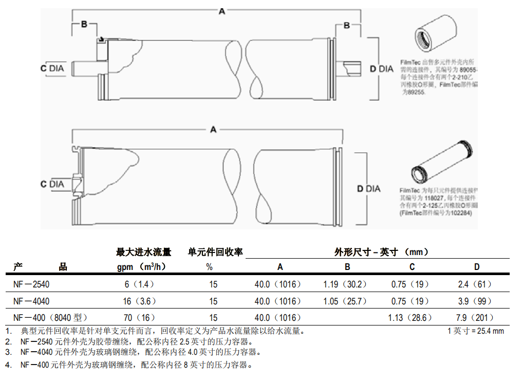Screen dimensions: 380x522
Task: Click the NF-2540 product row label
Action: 31,284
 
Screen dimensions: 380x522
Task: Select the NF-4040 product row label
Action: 31,301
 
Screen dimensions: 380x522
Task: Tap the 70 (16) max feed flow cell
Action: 139,318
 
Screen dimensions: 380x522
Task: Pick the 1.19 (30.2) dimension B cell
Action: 345,284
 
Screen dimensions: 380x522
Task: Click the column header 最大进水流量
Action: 143,252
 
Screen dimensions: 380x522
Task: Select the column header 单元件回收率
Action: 215,252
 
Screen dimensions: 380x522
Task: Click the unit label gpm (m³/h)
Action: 141,267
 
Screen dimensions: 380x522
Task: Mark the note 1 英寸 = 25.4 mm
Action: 476,331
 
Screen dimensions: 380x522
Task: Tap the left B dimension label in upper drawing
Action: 85,24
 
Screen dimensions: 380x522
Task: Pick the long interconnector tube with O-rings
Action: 443,161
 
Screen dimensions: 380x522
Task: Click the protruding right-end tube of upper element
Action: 352,68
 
